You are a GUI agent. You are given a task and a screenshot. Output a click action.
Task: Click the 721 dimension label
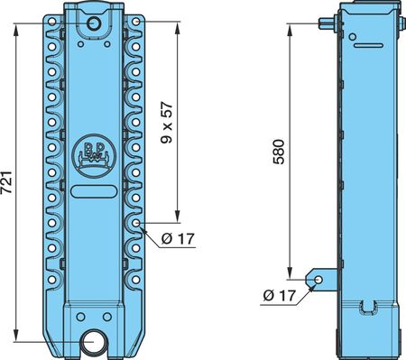[6, 182]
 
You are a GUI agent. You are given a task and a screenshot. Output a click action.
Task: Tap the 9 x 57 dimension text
[167, 123]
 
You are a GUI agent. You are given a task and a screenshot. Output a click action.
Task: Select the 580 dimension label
[279, 152]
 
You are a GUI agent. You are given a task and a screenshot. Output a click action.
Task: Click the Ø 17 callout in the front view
[178, 239]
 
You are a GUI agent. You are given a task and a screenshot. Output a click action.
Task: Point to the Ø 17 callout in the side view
[280, 295]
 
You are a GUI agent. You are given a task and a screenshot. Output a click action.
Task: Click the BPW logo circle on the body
[95, 156]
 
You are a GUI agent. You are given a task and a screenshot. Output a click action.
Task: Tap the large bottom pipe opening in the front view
[93, 342]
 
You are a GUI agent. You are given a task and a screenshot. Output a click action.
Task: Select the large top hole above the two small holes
[94, 23]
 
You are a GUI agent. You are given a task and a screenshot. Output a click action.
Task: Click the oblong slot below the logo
[94, 191]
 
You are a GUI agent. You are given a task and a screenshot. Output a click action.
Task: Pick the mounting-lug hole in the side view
[318, 280]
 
